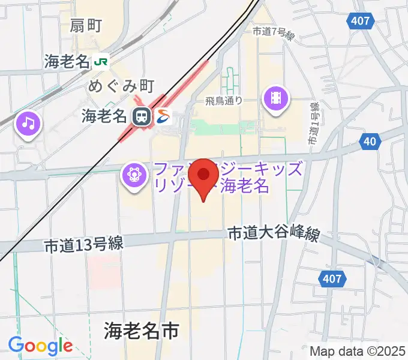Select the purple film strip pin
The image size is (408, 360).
276,98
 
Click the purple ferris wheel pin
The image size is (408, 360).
134,175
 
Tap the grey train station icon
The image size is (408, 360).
142,116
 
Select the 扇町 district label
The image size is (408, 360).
86,25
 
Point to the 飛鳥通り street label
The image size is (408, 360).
223,100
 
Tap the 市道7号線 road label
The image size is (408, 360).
274,34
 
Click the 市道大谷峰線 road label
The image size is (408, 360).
273,235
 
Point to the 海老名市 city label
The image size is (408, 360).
142,329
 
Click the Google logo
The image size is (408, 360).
40,346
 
